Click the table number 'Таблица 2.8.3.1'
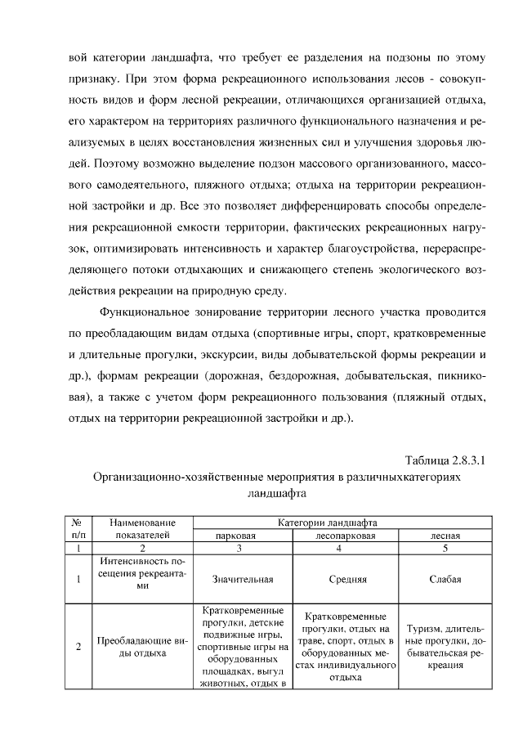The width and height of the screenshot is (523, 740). coord(445,460)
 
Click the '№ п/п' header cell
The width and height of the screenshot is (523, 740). coord(78,528)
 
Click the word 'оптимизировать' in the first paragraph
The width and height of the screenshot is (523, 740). coord(136,248)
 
